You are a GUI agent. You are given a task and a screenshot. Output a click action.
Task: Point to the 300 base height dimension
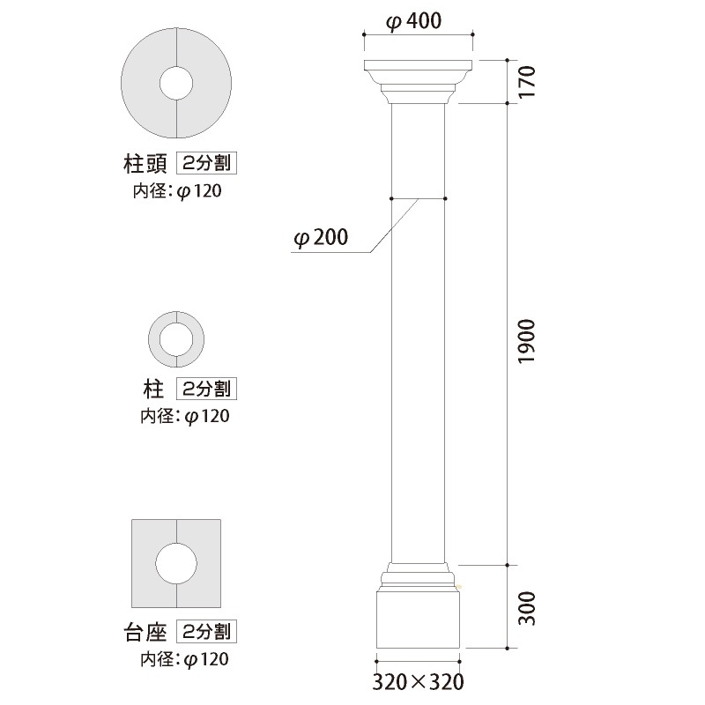526,606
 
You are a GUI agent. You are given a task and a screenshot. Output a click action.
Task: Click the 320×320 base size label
418,681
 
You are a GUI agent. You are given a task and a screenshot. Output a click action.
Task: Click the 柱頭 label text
145,164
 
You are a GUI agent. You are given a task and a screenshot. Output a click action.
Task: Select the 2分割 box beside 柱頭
209,164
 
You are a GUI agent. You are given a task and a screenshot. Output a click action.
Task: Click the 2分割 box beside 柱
209,388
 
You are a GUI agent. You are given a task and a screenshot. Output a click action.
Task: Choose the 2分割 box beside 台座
209,632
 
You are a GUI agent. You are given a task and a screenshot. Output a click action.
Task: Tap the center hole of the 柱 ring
176,339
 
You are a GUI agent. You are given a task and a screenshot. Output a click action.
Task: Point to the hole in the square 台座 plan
176,564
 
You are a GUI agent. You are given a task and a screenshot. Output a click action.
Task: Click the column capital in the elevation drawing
418,79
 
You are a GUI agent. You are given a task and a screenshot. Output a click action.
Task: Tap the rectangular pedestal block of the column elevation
418,621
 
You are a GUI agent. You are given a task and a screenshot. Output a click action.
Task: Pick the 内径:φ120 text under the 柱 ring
185,415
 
